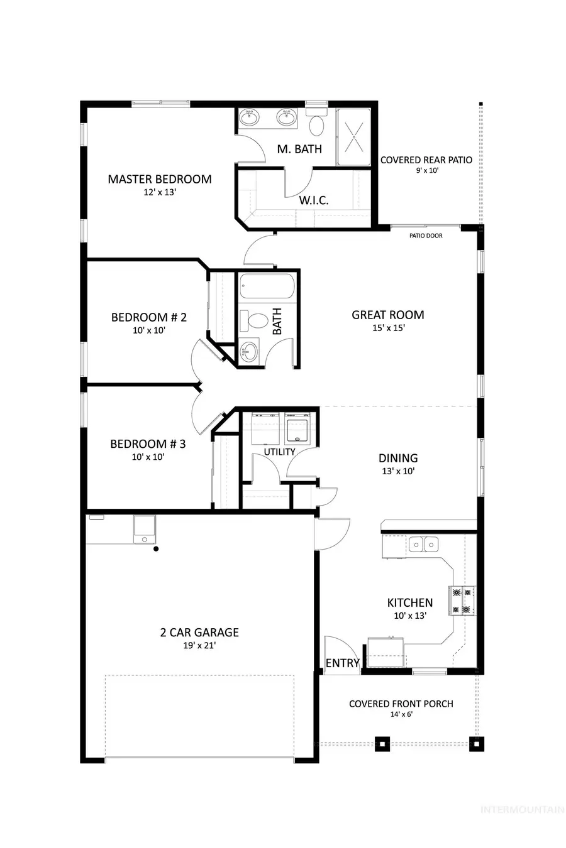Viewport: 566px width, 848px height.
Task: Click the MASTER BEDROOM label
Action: click(159, 179)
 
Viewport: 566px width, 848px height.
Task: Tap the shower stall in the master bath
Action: click(354, 137)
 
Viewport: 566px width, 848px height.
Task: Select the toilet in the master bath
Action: click(316, 124)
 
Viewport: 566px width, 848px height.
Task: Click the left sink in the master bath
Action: click(250, 117)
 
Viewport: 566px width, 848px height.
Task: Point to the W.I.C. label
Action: click(314, 201)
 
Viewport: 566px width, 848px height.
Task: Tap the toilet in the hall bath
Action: click(255, 321)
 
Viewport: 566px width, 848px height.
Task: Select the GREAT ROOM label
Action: click(387, 315)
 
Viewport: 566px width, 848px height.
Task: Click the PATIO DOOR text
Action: click(426, 236)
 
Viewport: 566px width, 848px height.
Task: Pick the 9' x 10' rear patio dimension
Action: click(426, 170)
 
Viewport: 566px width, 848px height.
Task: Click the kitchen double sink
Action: click(424, 544)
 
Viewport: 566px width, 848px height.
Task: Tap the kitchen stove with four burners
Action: click(462, 601)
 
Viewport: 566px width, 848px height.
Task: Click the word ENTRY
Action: click(342, 663)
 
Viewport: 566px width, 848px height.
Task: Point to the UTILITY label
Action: click(279, 452)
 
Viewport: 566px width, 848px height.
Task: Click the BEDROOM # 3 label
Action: click(148, 444)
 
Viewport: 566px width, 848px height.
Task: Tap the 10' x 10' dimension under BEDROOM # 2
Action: click(148, 330)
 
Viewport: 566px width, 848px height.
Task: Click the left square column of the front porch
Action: click(382, 744)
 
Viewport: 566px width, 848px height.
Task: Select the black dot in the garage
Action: click(156, 549)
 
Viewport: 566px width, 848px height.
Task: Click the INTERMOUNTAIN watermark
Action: click(521, 810)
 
